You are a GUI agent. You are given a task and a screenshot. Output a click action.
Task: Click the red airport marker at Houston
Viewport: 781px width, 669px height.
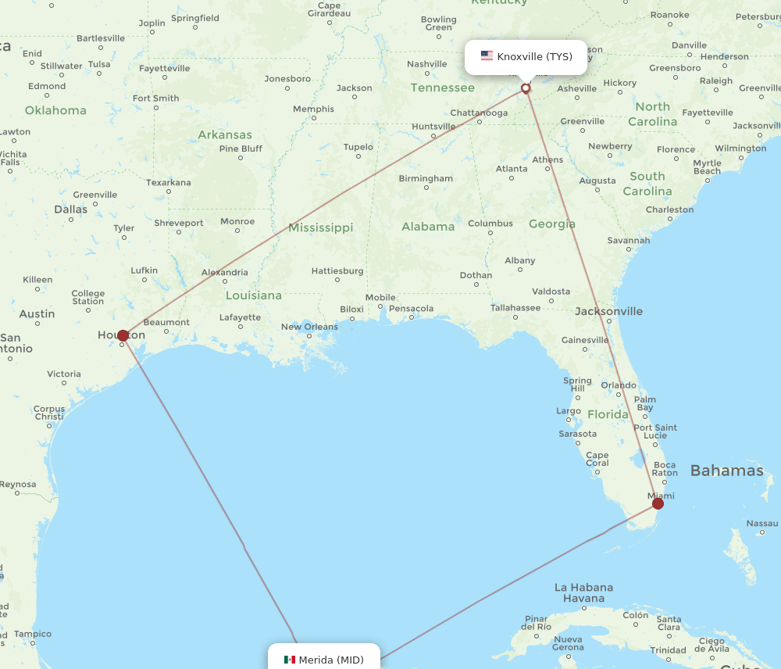(x=123, y=335)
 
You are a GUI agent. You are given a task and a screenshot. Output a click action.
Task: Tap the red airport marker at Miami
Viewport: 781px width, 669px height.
(x=658, y=503)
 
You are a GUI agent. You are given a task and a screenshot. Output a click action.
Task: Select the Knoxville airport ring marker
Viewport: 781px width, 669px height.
(x=526, y=88)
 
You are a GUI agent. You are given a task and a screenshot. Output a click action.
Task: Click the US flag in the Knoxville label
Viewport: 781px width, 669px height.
(x=487, y=56)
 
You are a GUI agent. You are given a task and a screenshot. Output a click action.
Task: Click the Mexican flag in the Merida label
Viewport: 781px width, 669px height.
(x=290, y=660)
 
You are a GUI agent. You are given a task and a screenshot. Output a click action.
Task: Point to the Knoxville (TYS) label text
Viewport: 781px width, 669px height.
(x=534, y=56)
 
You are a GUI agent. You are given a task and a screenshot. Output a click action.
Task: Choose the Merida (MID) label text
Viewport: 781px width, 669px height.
(x=331, y=660)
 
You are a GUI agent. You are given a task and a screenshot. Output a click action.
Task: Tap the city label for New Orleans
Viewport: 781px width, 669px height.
(x=309, y=327)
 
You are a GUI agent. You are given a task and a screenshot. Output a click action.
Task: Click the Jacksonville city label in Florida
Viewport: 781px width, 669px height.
(x=608, y=311)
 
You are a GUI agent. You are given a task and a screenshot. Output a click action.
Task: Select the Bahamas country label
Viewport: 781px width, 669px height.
(x=726, y=470)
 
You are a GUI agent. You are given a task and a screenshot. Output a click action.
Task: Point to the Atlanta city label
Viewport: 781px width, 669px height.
(x=512, y=168)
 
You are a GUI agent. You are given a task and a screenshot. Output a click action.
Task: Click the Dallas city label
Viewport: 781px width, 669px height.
(x=71, y=209)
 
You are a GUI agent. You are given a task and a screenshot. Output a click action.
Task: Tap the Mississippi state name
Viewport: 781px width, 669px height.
(x=320, y=227)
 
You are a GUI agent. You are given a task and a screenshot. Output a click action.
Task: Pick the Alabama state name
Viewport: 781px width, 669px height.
(x=428, y=227)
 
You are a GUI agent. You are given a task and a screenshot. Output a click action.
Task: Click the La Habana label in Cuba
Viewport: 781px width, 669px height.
(x=583, y=587)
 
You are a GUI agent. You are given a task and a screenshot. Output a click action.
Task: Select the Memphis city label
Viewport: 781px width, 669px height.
(x=313, y=109)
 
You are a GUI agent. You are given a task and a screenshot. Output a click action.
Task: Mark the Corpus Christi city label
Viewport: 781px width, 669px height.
(x=49, y=413)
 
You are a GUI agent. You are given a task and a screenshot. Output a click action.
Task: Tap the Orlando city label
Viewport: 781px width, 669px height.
(x=619, y=385)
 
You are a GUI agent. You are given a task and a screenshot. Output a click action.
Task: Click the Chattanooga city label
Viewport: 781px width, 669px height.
(x=479, y=113)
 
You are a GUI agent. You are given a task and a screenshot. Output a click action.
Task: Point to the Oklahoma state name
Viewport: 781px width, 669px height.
(x=55, y=110)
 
